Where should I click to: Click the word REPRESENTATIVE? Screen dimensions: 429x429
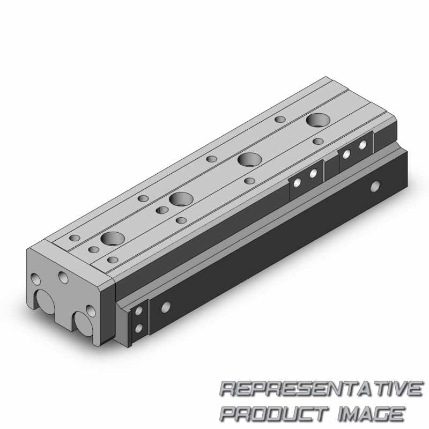pos(321,389)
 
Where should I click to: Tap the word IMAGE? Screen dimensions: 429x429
pos(371,413)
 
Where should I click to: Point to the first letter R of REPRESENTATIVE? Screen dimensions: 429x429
pos(228,389)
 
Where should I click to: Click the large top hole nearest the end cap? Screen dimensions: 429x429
pos(113,239)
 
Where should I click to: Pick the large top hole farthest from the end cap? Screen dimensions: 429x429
pos(318,120)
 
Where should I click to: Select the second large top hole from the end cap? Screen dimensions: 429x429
pos(181,199)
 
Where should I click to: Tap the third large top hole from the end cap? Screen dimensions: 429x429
pos(249,159)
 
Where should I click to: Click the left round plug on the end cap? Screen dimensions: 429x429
pos(46,302)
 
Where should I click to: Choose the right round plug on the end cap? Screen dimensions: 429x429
pos(84,324)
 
